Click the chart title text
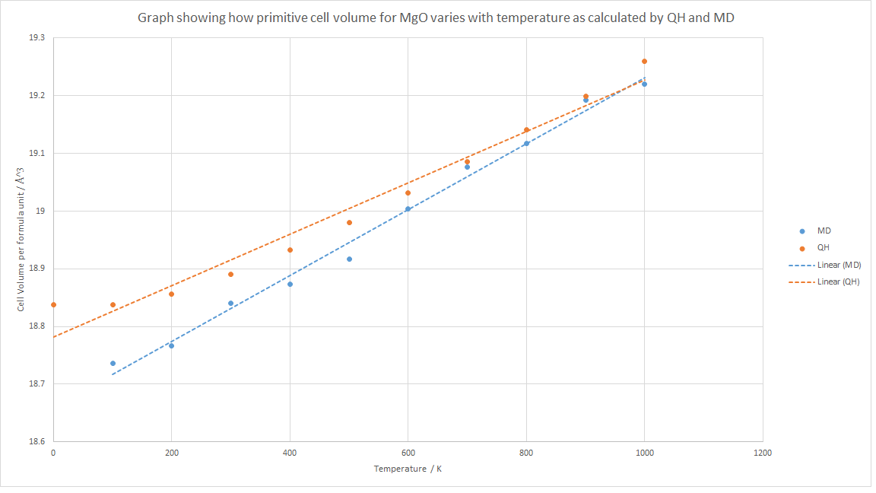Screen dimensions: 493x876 [x=436, y=17]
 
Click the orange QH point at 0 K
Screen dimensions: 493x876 [x=53, y=304]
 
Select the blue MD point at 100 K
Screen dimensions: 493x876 [x=113, y=363]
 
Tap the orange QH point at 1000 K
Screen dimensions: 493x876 [x=644, y=61]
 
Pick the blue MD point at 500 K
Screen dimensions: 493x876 [x=349, y=259]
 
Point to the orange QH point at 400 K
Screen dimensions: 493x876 [x=290, y=250]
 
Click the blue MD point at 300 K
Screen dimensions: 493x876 [x=230, y=303]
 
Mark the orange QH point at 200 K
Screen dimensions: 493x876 [x=171, y=294]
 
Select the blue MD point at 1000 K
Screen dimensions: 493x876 [x=644, y=84]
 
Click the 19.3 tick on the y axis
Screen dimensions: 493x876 [x=37, y=37]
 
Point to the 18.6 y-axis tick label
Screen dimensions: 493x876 [x=37, y=441]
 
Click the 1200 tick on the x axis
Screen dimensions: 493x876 [x=762, y=453]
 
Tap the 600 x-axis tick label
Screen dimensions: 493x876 [x=408, y=453]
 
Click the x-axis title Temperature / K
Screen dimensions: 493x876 [x=408, y=469]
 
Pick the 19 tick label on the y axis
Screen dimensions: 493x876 [x=40, y=211]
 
